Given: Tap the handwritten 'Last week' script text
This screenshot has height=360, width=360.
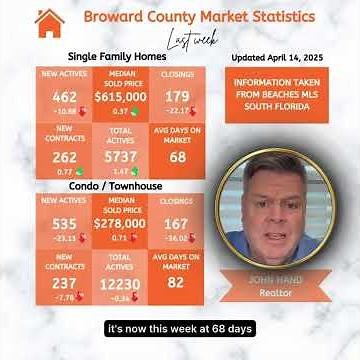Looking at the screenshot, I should click(191, 40).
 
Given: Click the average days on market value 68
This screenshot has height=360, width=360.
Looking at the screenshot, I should click(177, 157).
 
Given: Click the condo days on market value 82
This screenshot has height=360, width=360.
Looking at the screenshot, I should click(177, 283).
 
